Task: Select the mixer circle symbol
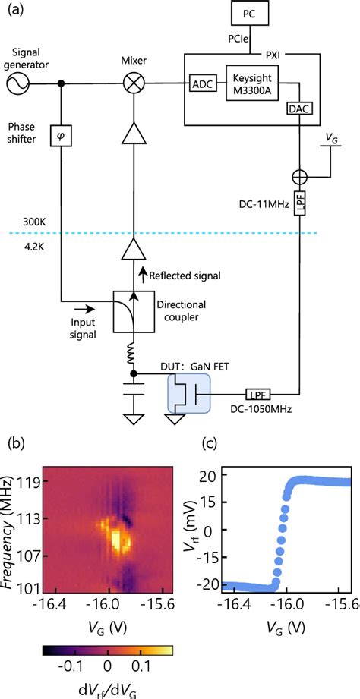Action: pyautogui.click(x=134, y=84)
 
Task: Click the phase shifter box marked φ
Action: pyautogui.click(x=62, y=137)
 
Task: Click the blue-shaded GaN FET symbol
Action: pyautogui.click(x=188, y=395)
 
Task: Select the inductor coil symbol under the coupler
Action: pyautogui.click(x=134, y=352)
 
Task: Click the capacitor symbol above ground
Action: pyautogui.click(x=134, y=395)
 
